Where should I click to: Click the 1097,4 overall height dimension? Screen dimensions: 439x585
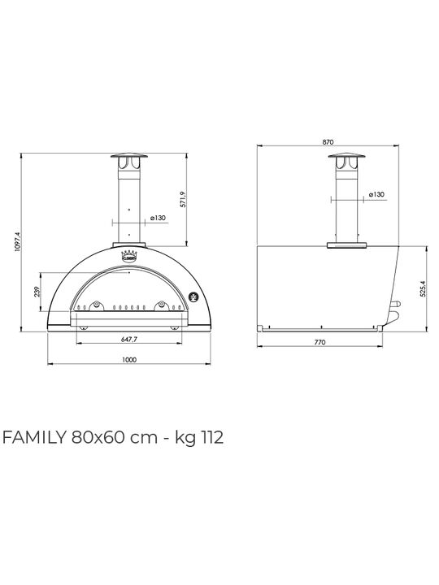click(x=17, y=241)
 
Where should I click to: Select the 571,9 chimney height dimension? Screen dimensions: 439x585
click(x=183, y=200)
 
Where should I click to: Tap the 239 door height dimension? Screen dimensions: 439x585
click(x=37, y=292)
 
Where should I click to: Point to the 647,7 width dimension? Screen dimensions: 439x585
click(x=129, y=339)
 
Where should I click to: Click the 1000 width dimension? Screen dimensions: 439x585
click(x=129, y=360)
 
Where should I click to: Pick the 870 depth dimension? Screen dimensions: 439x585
click(x=328, y=141)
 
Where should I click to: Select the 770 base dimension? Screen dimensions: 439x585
click(x=320, y=342)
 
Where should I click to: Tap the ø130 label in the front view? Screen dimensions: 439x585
click(x=159, y=218)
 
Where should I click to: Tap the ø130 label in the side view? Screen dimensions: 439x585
click(x=376, y=194)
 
